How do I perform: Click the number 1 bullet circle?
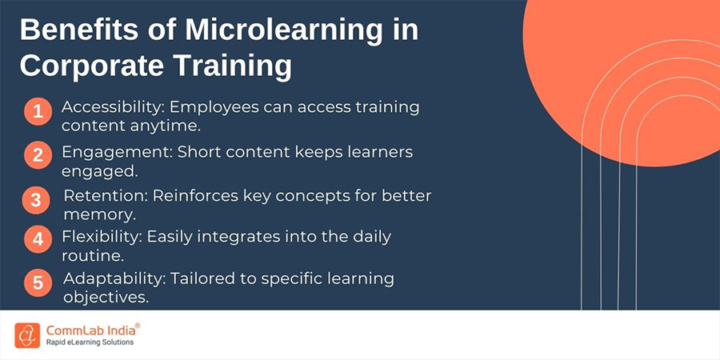click(x=38, y=111)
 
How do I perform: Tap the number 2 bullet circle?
click(x=38, y=155)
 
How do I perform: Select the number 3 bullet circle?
click(x=36, y=201)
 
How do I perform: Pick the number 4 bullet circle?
click(x=38, y=239)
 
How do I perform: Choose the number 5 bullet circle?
click(x=38, y=282)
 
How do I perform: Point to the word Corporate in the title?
click(x=91, y=66)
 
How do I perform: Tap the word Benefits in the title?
click(x=75, y=30)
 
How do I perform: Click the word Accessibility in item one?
click(x=114, y=108)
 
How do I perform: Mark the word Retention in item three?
click(x=106, y=196)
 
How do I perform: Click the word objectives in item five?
click(x=106, y=298)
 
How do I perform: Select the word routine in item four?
click(x=93, y=256)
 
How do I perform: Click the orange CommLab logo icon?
click(x=27, y=335)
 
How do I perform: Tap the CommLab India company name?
click(x=92, y=330)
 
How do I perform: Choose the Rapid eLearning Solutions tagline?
click(x=90, y=342)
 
